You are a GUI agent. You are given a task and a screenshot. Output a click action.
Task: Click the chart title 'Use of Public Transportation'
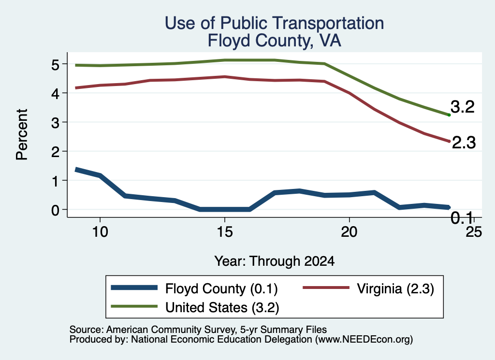click(275, 23)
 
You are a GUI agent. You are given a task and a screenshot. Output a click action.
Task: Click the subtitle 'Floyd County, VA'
click(275, 41)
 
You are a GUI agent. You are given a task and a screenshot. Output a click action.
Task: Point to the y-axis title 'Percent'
click(22, 135)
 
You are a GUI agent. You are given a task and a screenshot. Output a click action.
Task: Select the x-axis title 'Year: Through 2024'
click(275, 261)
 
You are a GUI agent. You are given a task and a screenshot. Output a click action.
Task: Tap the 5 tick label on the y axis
click(55, 65)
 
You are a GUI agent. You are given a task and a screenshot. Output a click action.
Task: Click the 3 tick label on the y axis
click(55, 123)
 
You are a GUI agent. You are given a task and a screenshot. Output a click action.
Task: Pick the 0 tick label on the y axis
click(55, 210)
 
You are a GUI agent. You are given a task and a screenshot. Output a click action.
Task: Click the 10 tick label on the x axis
click(100, 232)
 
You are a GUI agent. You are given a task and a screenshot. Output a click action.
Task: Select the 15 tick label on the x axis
click(225, 232)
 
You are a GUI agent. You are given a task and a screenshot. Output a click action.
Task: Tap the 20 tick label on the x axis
click(349, 232)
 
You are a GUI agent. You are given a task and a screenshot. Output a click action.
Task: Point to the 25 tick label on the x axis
click(474, 232)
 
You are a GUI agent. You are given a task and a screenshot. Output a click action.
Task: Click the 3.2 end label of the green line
click(463, 107)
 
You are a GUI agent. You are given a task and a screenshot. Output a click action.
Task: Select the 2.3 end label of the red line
click(464, 143)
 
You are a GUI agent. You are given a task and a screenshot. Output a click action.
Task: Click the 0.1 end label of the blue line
click(462, 218)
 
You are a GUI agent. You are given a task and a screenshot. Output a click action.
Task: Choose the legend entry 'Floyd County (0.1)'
click(194, 288)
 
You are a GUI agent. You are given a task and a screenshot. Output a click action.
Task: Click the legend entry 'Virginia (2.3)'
click(368, 288)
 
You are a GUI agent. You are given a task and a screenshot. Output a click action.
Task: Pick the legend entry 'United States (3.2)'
click(195, 307)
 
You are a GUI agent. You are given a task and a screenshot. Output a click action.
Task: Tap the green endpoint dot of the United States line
click(449, 115)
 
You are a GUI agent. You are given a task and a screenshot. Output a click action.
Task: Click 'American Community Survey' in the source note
click(171, 330)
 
